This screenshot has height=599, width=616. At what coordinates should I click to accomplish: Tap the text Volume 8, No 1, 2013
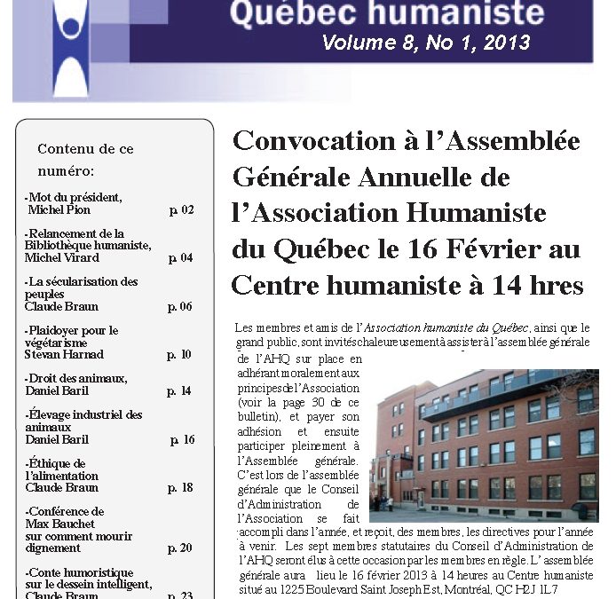(x=425, y=43)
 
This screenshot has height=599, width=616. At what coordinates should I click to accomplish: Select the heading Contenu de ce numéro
(x=85, y=159)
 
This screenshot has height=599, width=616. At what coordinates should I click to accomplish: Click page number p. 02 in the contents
(x=181, y=210)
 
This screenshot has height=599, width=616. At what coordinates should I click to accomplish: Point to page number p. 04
(x=180, y=258)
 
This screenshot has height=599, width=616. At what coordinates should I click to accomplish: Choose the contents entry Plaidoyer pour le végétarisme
(x=71, y=336)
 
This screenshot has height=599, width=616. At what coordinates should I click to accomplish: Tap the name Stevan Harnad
(x=64, y=355)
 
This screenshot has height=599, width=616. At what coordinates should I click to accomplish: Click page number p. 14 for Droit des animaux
(x=179, y=391)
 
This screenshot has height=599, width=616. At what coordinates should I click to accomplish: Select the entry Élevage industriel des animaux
(x=83, y=421)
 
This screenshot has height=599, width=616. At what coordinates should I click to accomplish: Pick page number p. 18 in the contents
(x=180, y=488)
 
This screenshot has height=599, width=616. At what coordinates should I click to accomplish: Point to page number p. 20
(x=179, y=548)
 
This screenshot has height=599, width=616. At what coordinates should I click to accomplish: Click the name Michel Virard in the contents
(x=62, y=258)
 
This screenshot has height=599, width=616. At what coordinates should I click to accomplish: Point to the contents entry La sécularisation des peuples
(x=81, y=288)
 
